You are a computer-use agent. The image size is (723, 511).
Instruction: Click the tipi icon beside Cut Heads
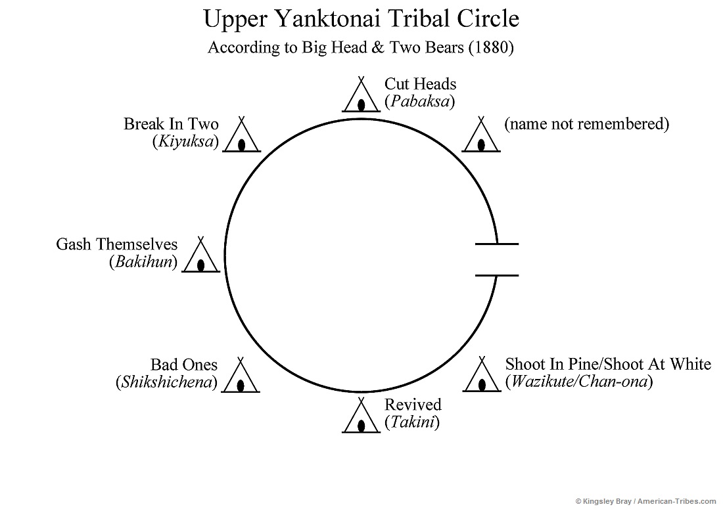tap(361, 97)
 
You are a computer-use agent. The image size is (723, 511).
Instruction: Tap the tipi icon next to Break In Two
tap(241, 137)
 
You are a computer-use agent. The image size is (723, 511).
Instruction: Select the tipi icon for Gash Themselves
tap(201, 256)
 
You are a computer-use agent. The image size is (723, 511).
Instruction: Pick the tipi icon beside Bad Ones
tap(241, 377)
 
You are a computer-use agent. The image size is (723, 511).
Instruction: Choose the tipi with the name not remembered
tap(482, 136)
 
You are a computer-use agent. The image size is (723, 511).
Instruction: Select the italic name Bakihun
tap(143, 262)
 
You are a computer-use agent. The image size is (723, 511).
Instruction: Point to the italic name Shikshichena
tap(166, 382)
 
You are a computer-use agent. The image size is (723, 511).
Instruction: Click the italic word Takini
tap(412, 422)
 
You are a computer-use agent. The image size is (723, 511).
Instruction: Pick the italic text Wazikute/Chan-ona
tap(578, 382)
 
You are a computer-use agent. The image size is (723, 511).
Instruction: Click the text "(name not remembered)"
tap(586, 124)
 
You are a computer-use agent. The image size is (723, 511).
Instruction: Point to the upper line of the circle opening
tap(496, 244)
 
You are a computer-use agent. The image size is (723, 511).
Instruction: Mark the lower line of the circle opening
tap(496, 275)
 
